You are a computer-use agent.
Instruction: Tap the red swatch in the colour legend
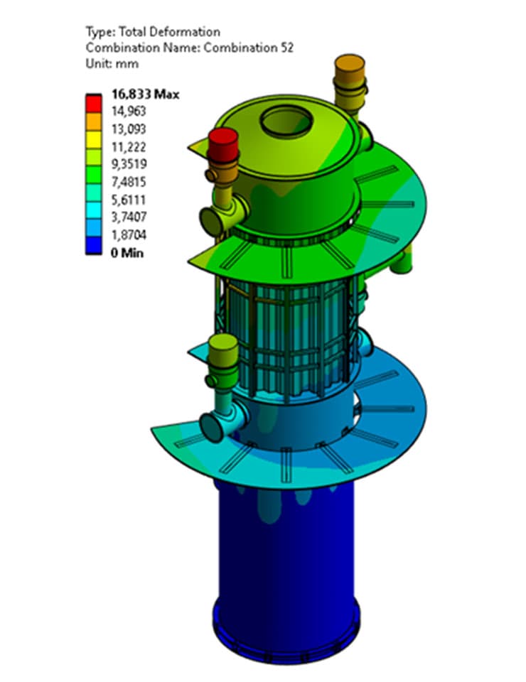93,102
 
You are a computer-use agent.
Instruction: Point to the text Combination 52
255,48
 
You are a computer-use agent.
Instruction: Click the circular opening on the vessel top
286,122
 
